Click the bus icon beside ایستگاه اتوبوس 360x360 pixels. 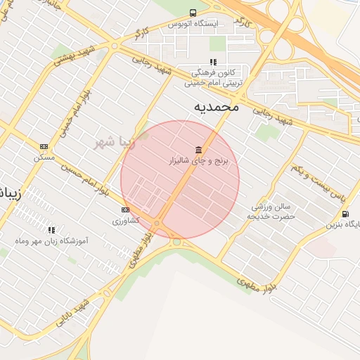coord(193,13)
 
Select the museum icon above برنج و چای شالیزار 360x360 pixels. coord(199,150)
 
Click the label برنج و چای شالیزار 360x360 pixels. coord(202,162)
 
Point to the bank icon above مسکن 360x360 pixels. coord(44,147)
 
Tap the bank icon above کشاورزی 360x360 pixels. coord(126,210)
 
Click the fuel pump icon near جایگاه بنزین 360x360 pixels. coord(345,214)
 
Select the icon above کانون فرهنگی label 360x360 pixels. coord(213,62)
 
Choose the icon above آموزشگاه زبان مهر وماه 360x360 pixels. coord(51,230)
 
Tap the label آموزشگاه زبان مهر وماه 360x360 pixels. coord(51,241)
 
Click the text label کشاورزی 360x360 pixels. coord(126,221)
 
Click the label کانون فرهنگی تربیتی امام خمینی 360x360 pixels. coord(213,77)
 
